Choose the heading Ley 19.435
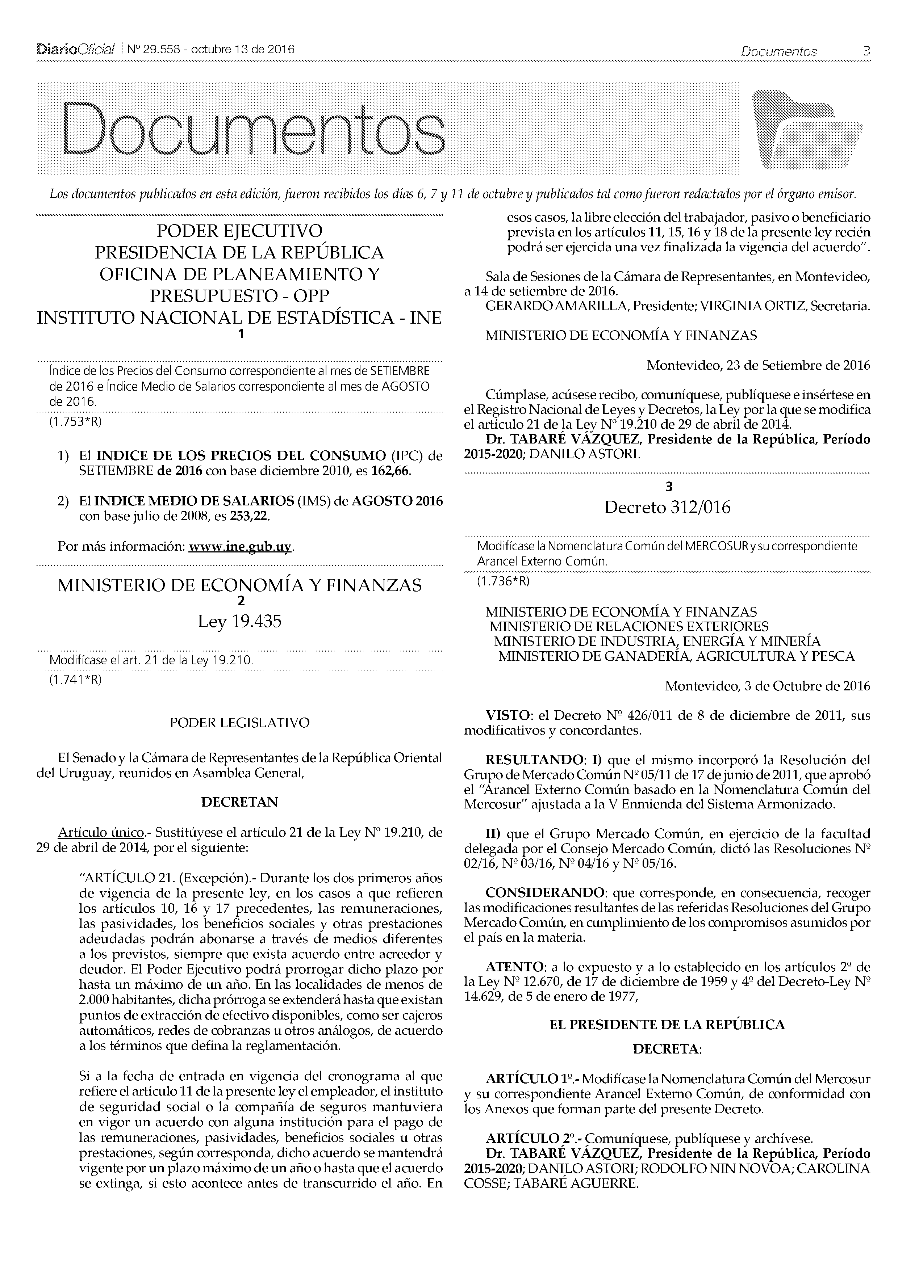[239, 622]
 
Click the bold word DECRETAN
[239, 802]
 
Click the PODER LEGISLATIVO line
[239, 723]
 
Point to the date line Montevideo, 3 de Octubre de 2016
[767, 686]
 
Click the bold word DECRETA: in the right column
[667, 1049]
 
